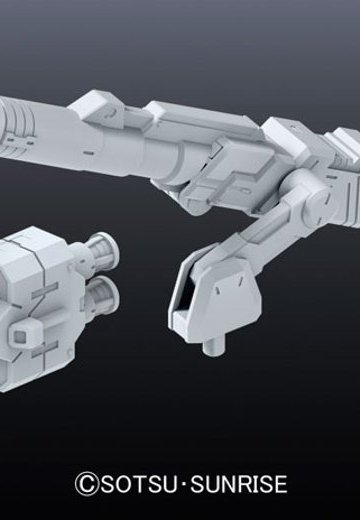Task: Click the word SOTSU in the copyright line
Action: [x=139, y=484]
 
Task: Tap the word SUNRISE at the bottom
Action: [x=239, y=484]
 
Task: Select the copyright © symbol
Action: [x=87, y=484]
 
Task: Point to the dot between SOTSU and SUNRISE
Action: [x=184, y=484]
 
